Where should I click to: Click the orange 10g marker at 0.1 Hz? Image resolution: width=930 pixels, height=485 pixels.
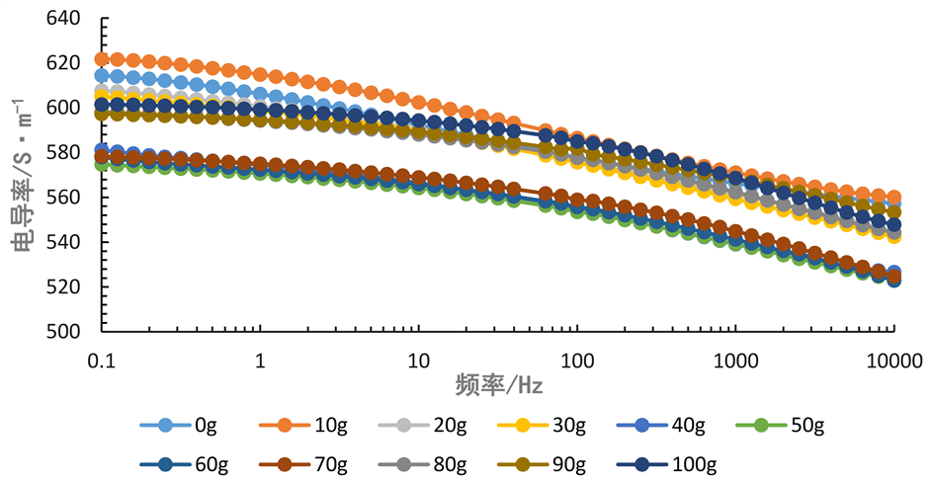coord(101,59)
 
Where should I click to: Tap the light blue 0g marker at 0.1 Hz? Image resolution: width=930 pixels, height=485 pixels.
coord(101,76)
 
